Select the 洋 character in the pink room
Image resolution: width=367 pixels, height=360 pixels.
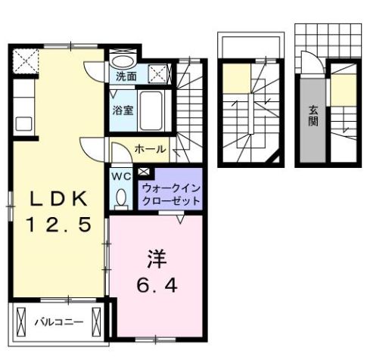[x=156, y=259]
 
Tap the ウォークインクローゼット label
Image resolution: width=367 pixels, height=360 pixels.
[x=170, y=195]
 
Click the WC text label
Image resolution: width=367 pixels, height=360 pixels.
[x=120, y=175]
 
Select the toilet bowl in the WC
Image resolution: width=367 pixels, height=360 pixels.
[x=120, y=196]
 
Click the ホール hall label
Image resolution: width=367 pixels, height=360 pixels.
[x=151, y=150]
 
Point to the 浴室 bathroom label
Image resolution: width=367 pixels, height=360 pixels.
[x=123, y=110]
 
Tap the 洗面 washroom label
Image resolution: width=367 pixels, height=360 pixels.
[x=126, y=76]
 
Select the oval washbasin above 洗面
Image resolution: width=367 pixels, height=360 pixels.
[x=123, y=60]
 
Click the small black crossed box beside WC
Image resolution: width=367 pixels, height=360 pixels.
[x=144, y=174]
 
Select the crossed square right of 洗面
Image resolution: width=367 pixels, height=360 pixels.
[x=158, y=73]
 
